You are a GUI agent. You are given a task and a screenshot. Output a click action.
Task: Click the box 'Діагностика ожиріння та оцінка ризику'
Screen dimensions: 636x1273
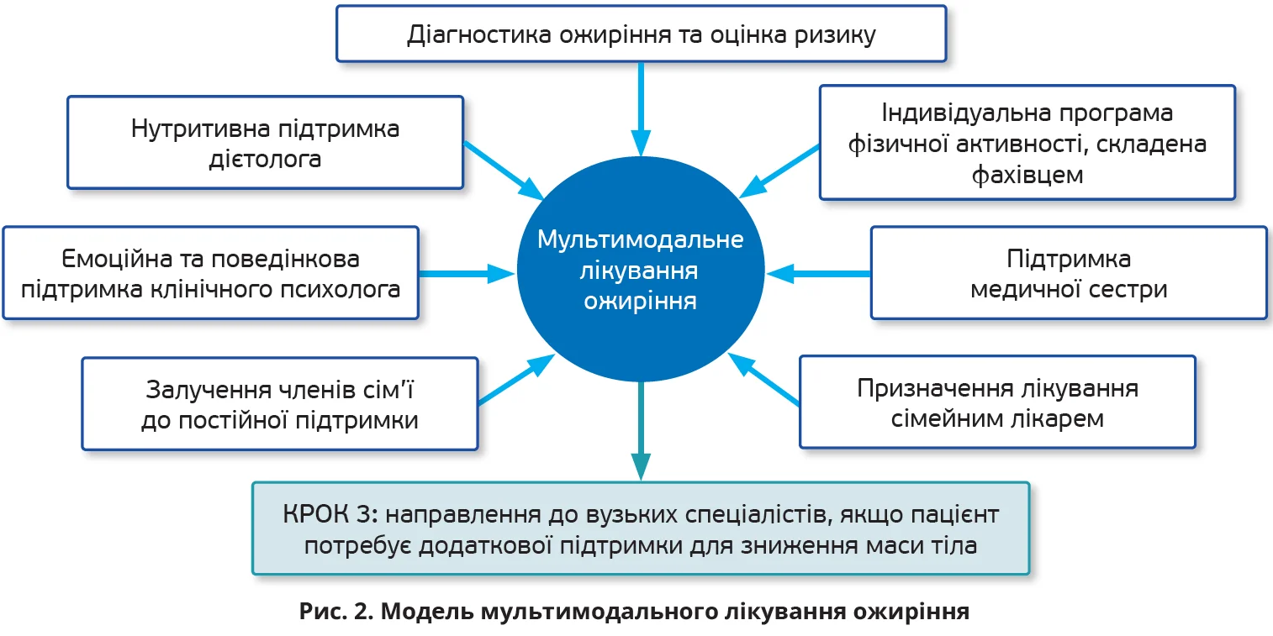(x=642, y=34)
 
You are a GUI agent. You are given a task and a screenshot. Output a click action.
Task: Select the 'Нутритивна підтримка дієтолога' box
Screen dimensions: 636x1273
(x=265, y=143)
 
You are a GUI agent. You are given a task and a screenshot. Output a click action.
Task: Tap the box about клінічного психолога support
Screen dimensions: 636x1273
(x=210, y=273)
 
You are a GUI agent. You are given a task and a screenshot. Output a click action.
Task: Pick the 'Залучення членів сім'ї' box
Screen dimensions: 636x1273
(x=279, y=404)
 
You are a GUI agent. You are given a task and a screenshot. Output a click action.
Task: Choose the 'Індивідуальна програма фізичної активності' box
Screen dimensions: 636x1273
(x=1027, y=143)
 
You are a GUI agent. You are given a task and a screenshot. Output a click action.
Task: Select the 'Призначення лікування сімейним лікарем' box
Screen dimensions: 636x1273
(x=997, y=402)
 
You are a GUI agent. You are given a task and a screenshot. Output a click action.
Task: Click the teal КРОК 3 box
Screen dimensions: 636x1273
(x=641, y=528)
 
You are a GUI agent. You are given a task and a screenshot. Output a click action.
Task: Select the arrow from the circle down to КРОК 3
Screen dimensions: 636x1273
(x=641, y=428)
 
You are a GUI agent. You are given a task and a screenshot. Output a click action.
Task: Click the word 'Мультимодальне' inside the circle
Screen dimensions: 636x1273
(x=641, y=240)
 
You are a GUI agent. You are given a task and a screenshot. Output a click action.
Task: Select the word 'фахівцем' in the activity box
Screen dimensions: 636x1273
(x=1027, y=175)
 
